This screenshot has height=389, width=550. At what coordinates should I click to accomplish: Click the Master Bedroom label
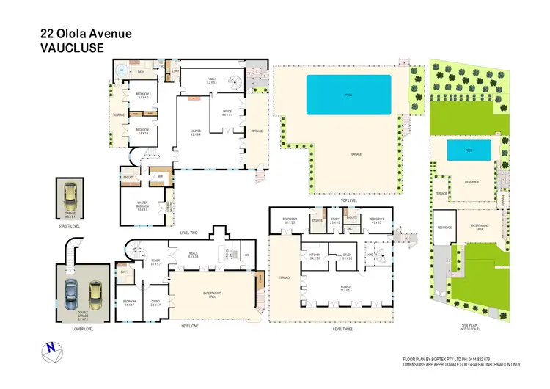tap(143, 206)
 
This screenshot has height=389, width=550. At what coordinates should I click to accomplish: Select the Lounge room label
tap(196, 132)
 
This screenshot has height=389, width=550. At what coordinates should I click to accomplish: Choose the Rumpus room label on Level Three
tap(345, 288)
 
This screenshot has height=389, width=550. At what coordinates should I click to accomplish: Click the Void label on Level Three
tap(370, 255)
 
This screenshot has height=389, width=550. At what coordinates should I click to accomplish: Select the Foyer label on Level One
tap(155, 261)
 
